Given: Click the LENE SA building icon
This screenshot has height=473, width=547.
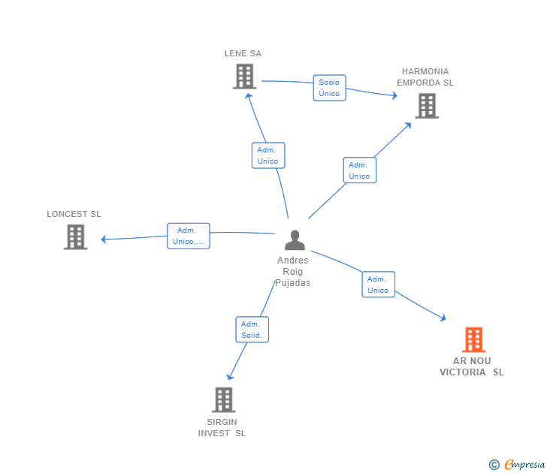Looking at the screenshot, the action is tap(244, 77).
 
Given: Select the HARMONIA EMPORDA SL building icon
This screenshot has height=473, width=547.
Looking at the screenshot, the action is tap(427, 106).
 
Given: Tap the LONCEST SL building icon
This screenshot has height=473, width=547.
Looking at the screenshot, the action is tap(75, 236).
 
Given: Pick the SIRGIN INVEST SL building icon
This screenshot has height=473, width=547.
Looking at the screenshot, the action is tap(223, 399).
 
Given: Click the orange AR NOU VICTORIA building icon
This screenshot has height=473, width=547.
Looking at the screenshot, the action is tap(473, 339).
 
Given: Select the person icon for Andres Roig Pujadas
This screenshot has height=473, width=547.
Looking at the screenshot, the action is tap(295, 240).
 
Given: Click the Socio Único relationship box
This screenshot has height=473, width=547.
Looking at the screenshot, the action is tap(329, 88).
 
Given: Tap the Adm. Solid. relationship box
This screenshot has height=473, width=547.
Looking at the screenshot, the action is tap(252, 330).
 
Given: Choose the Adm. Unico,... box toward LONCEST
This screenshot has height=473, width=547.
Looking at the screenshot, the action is tap(188, 236).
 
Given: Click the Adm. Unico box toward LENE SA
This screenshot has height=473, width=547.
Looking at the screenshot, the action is tap(267, 155).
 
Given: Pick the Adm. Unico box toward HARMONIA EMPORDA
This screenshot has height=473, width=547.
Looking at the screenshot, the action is tap(359, 170).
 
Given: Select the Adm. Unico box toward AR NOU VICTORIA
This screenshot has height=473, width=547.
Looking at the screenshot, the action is tap(378, 285).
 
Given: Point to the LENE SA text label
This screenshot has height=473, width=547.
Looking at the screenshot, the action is tap(243, 53).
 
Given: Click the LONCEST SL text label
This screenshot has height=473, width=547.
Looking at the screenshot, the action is tap(74, 214).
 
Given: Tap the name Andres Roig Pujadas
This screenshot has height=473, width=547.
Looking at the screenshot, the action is tap(292, 272).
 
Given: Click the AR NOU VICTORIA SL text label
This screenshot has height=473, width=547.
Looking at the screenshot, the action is tap(472, 366).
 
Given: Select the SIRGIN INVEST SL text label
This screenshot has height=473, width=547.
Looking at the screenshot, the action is tap(222, 427).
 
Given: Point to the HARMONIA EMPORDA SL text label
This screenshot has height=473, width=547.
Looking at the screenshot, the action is tap(425, 77).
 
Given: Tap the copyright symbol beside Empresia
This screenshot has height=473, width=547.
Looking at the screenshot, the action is tap(494, 465).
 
